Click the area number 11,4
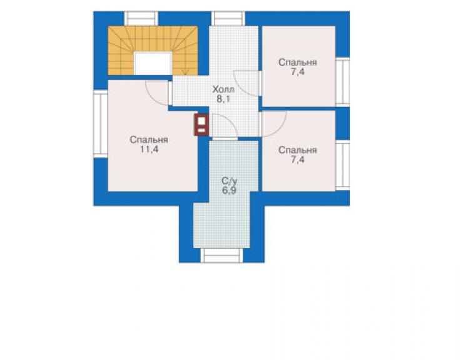tap(149, 150)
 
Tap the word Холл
tap(223, 90)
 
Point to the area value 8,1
tap(223, 99)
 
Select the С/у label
tap(230, 180)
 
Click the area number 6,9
tap(229, 190)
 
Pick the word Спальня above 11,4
tap(149, 140)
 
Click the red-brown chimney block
tap(201, 125)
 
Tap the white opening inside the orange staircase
tap(153, 63)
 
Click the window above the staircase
tap(141, 18)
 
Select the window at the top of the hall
tap(228, 18)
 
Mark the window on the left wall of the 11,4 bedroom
tap(100, 123)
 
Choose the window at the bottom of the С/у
tap(221, 255)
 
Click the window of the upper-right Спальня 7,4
tap(342, 82)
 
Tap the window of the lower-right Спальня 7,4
tap(342, 165)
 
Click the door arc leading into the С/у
tap(230, 121)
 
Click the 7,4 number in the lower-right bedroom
tap(298, 160)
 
